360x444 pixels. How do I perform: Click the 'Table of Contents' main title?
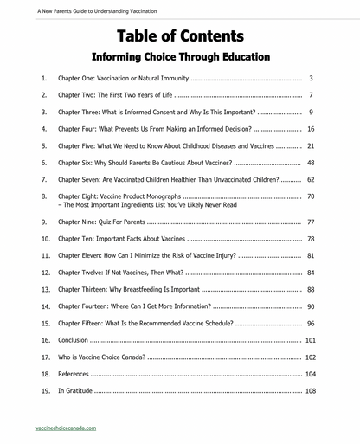point(180,35)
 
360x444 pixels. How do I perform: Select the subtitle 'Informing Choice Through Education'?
point(180,57)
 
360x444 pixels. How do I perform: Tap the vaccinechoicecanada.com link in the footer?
point(67,428)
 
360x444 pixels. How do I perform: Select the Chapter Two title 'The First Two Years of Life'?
point(132,95)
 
